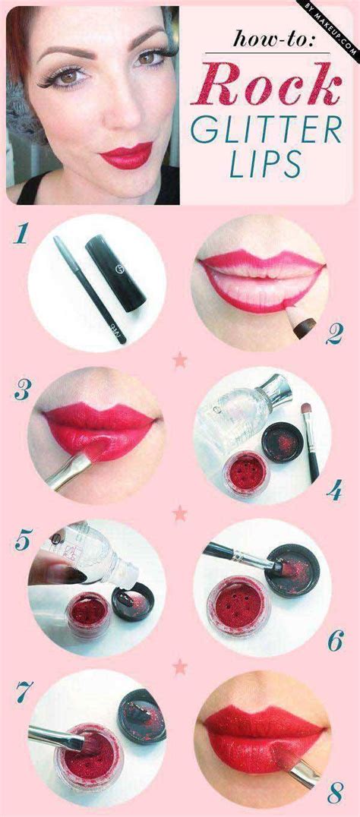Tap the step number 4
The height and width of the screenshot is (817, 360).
335,491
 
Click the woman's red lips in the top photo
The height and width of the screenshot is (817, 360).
126,155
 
